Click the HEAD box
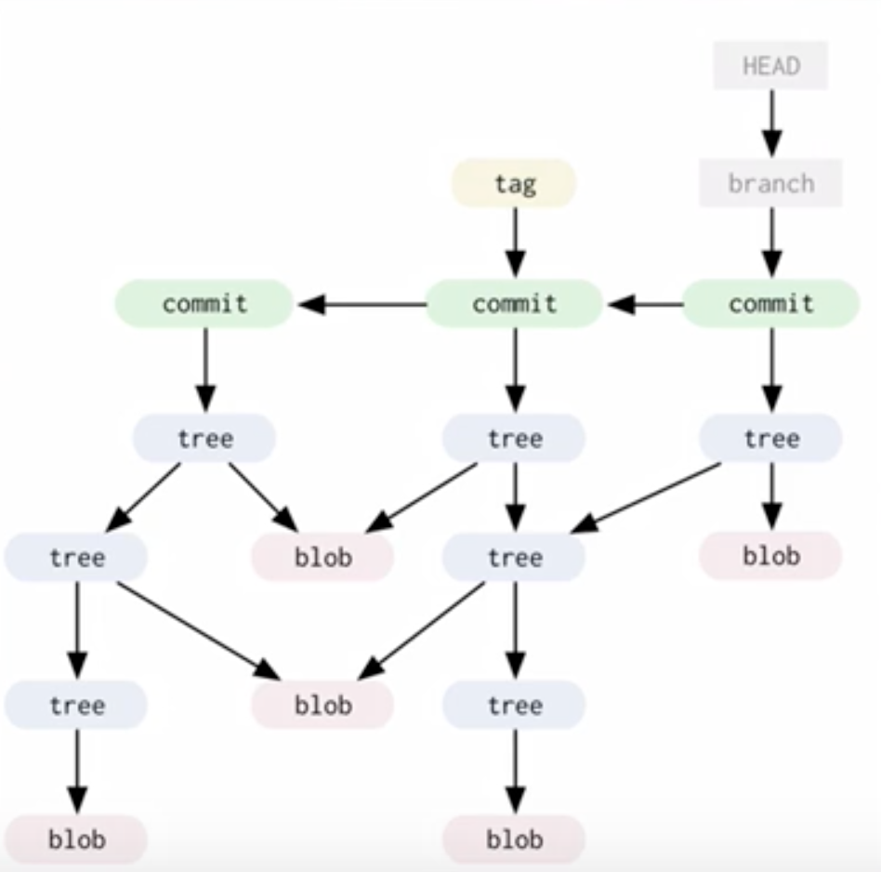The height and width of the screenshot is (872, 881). [x=770, y=66]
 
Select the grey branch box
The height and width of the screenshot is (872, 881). [x=770, y=183]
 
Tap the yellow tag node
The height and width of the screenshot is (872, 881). [x=514, y=183]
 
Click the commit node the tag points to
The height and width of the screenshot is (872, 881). [x=514, y=304]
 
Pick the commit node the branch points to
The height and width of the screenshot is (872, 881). [x=770, y=304]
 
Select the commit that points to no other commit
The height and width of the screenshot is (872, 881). [x=204, y=304]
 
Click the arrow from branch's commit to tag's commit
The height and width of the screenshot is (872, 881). [x=645, y=304]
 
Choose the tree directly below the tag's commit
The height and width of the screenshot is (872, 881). [x=514, y=438]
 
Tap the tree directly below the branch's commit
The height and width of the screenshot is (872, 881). [x=770, y=438]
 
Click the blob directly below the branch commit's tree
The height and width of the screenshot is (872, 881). [x=770, y=556]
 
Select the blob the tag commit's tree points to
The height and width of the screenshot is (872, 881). [x=322, y=557]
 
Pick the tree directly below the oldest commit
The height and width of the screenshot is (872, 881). [x=204, y=438]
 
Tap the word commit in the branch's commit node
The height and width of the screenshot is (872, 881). [x=770, y=304]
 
